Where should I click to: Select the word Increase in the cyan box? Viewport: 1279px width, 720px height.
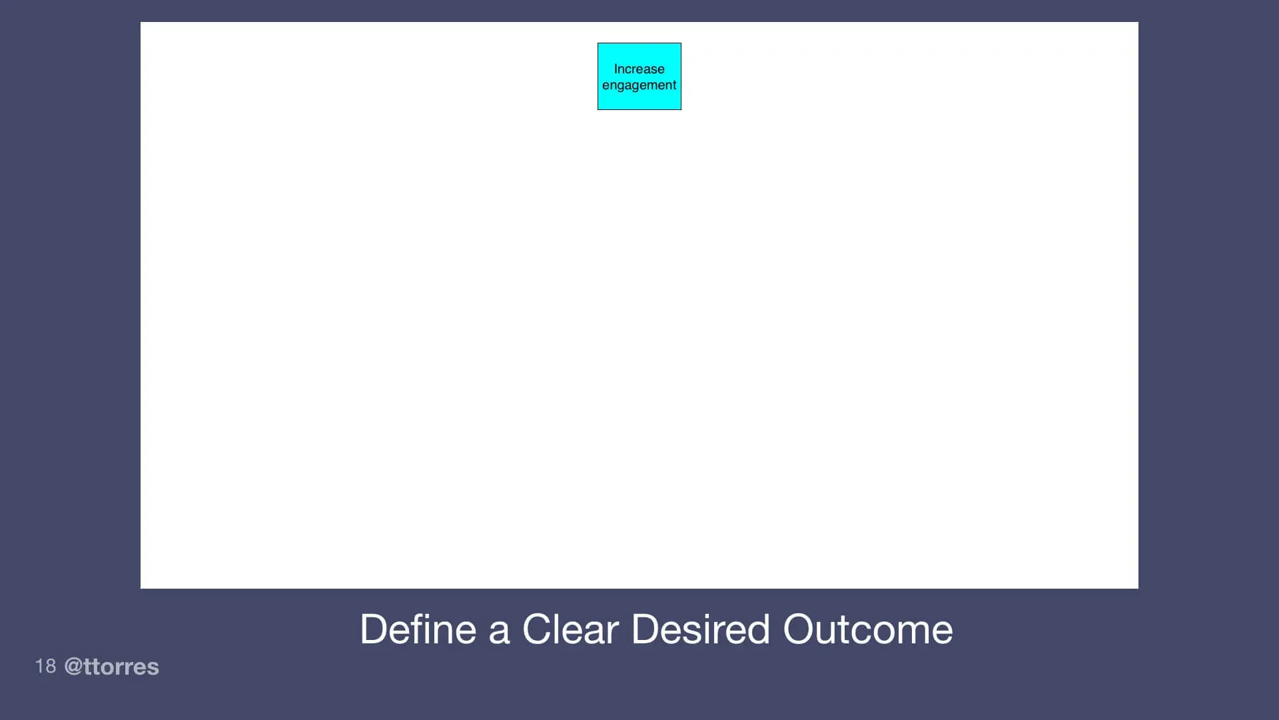(x=639, y=69)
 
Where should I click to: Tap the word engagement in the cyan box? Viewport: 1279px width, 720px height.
(x=639, y=85)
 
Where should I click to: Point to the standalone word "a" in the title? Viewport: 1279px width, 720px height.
(x=499, y=631)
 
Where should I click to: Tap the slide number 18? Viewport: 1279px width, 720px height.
(x=45, y=666)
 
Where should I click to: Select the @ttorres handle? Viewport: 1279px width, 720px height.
(x=112, y=667)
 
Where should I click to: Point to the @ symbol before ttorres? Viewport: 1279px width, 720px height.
(x=73, y=667)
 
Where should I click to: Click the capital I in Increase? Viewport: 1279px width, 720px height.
(x=616, y=69)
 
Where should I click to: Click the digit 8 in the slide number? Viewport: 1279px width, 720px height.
(x=50, y=666)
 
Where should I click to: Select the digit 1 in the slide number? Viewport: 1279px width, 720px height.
(x=39, y=666)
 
